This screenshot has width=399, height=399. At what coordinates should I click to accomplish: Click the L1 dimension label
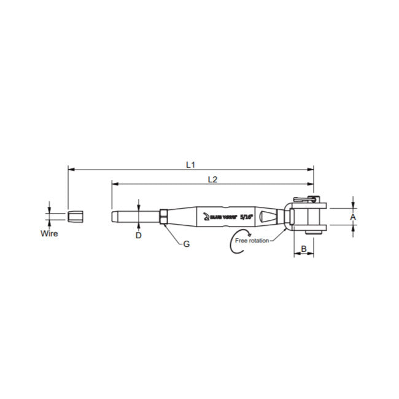(x=190, y=165)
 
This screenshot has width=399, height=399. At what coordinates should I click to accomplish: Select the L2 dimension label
(x=212, y=179)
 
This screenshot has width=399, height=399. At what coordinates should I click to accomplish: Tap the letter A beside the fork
(x=352, y=217)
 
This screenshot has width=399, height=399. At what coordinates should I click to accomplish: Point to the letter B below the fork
(x=303, y=249)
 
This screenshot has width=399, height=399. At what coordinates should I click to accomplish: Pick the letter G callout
(x=187, y=244)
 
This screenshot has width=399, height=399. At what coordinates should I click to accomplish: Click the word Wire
(x=49, y=234)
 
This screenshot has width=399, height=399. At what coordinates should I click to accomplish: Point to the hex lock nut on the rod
(x=163, y=217)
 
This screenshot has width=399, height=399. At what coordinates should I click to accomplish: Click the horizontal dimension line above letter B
(x=303, y=255)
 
